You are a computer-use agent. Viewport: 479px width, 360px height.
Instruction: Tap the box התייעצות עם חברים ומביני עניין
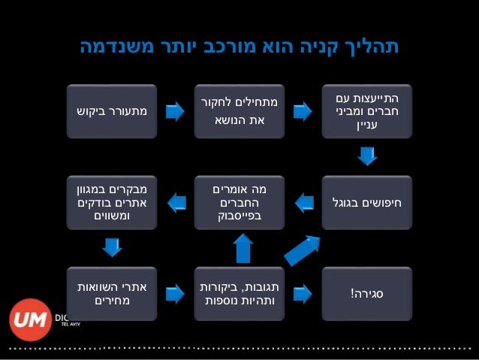(367, 112)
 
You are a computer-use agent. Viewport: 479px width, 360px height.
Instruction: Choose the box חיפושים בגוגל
(367, 201)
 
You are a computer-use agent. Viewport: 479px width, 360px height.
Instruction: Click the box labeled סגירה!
(367, 292)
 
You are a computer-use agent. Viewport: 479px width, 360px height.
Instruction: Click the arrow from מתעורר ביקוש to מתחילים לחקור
(175, 112)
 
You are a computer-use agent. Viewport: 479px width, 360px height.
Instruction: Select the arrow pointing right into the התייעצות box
(303, 112)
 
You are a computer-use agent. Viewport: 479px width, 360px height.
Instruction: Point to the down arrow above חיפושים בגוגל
(367, 156)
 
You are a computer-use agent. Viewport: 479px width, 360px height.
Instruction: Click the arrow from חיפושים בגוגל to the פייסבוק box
(303, 201)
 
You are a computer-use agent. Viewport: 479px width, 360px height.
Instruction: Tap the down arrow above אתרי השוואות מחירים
(112, 247)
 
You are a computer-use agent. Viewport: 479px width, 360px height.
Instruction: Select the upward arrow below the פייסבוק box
(243, 247)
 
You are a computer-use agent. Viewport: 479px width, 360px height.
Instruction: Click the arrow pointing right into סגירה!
(303, 292)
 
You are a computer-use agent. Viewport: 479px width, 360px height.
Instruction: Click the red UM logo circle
(30, 319)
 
